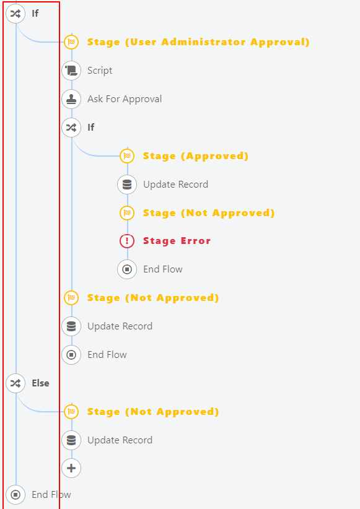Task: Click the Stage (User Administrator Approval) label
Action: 198,42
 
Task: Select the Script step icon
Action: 71,71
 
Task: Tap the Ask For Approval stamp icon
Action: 71,99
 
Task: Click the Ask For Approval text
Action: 125,99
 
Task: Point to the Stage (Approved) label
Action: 196,156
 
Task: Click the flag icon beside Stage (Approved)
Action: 127,156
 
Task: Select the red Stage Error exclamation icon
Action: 127,241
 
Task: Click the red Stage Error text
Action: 177,241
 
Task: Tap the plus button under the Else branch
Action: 71,468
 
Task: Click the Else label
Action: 41,383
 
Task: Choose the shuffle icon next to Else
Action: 15,383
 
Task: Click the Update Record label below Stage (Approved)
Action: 176,185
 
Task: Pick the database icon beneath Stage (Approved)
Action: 127,185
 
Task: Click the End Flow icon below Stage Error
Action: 127,269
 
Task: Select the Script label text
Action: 100,71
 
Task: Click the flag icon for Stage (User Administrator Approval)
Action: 71,42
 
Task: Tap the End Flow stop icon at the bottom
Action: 15,494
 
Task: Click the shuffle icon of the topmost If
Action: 15,13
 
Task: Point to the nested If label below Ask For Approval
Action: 91,128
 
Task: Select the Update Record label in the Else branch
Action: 120,440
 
